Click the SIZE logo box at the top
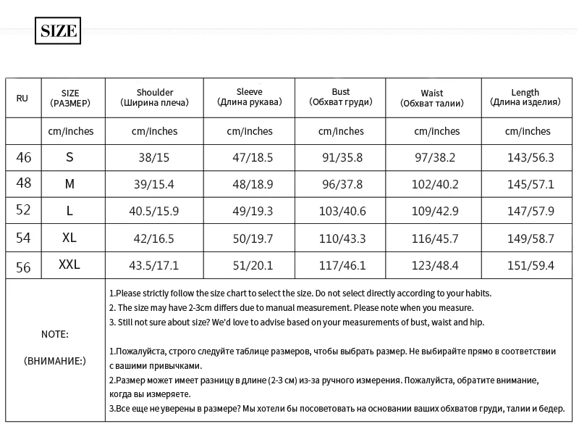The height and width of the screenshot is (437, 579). pos(58,31)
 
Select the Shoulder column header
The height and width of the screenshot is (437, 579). pos(154,98)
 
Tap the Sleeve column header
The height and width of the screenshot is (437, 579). pos(249,97)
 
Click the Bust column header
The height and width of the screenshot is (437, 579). pos(340,97)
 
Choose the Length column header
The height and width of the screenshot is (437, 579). pos(525,97)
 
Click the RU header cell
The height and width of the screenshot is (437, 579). pos(22,98)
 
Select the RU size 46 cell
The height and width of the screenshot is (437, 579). pos(23,157)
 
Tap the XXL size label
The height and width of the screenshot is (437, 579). pos(69,265)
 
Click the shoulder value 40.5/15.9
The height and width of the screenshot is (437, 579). pos(154,211)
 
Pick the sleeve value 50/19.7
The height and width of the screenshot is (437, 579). pos(250,238)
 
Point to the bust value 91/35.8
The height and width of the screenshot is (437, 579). pos(341,157)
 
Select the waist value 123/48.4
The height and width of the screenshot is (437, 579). pos(436,266)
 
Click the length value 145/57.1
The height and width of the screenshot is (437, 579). pos(531,184)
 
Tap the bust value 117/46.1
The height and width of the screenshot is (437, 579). pos(341,266)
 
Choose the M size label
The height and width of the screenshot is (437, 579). pos(69,184)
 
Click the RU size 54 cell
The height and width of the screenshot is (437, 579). pos(23,238)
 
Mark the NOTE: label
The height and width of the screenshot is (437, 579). pos(55,335)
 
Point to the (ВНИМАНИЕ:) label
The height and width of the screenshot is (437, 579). pos(55,360)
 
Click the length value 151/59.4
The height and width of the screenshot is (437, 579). pos(531,266)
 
